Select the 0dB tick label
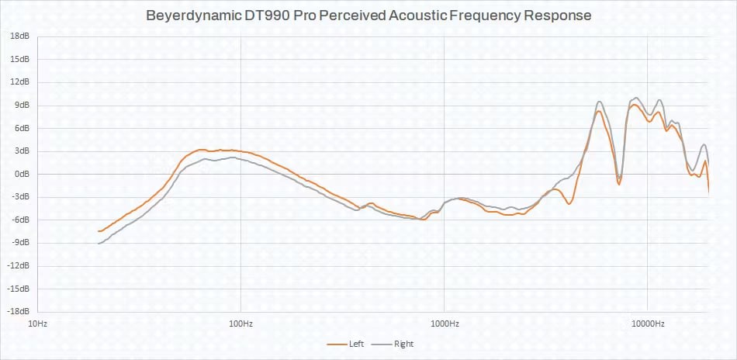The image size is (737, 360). (x=22, y=174)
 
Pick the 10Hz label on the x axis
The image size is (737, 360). (x=38, y=323)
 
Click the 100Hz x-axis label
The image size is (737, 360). (x=240, y=323)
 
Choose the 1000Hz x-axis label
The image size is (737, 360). (x=444, y=323)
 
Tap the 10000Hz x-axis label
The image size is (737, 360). (x=647, y=323)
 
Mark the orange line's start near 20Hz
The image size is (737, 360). (x=99, y=231)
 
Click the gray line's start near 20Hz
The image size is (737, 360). (x=99, y=244)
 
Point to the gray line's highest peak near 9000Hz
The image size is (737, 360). (x=636, y=98)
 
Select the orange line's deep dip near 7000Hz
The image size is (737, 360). (x=618, y=183)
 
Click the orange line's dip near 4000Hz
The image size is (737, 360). (x=569, y=203)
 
